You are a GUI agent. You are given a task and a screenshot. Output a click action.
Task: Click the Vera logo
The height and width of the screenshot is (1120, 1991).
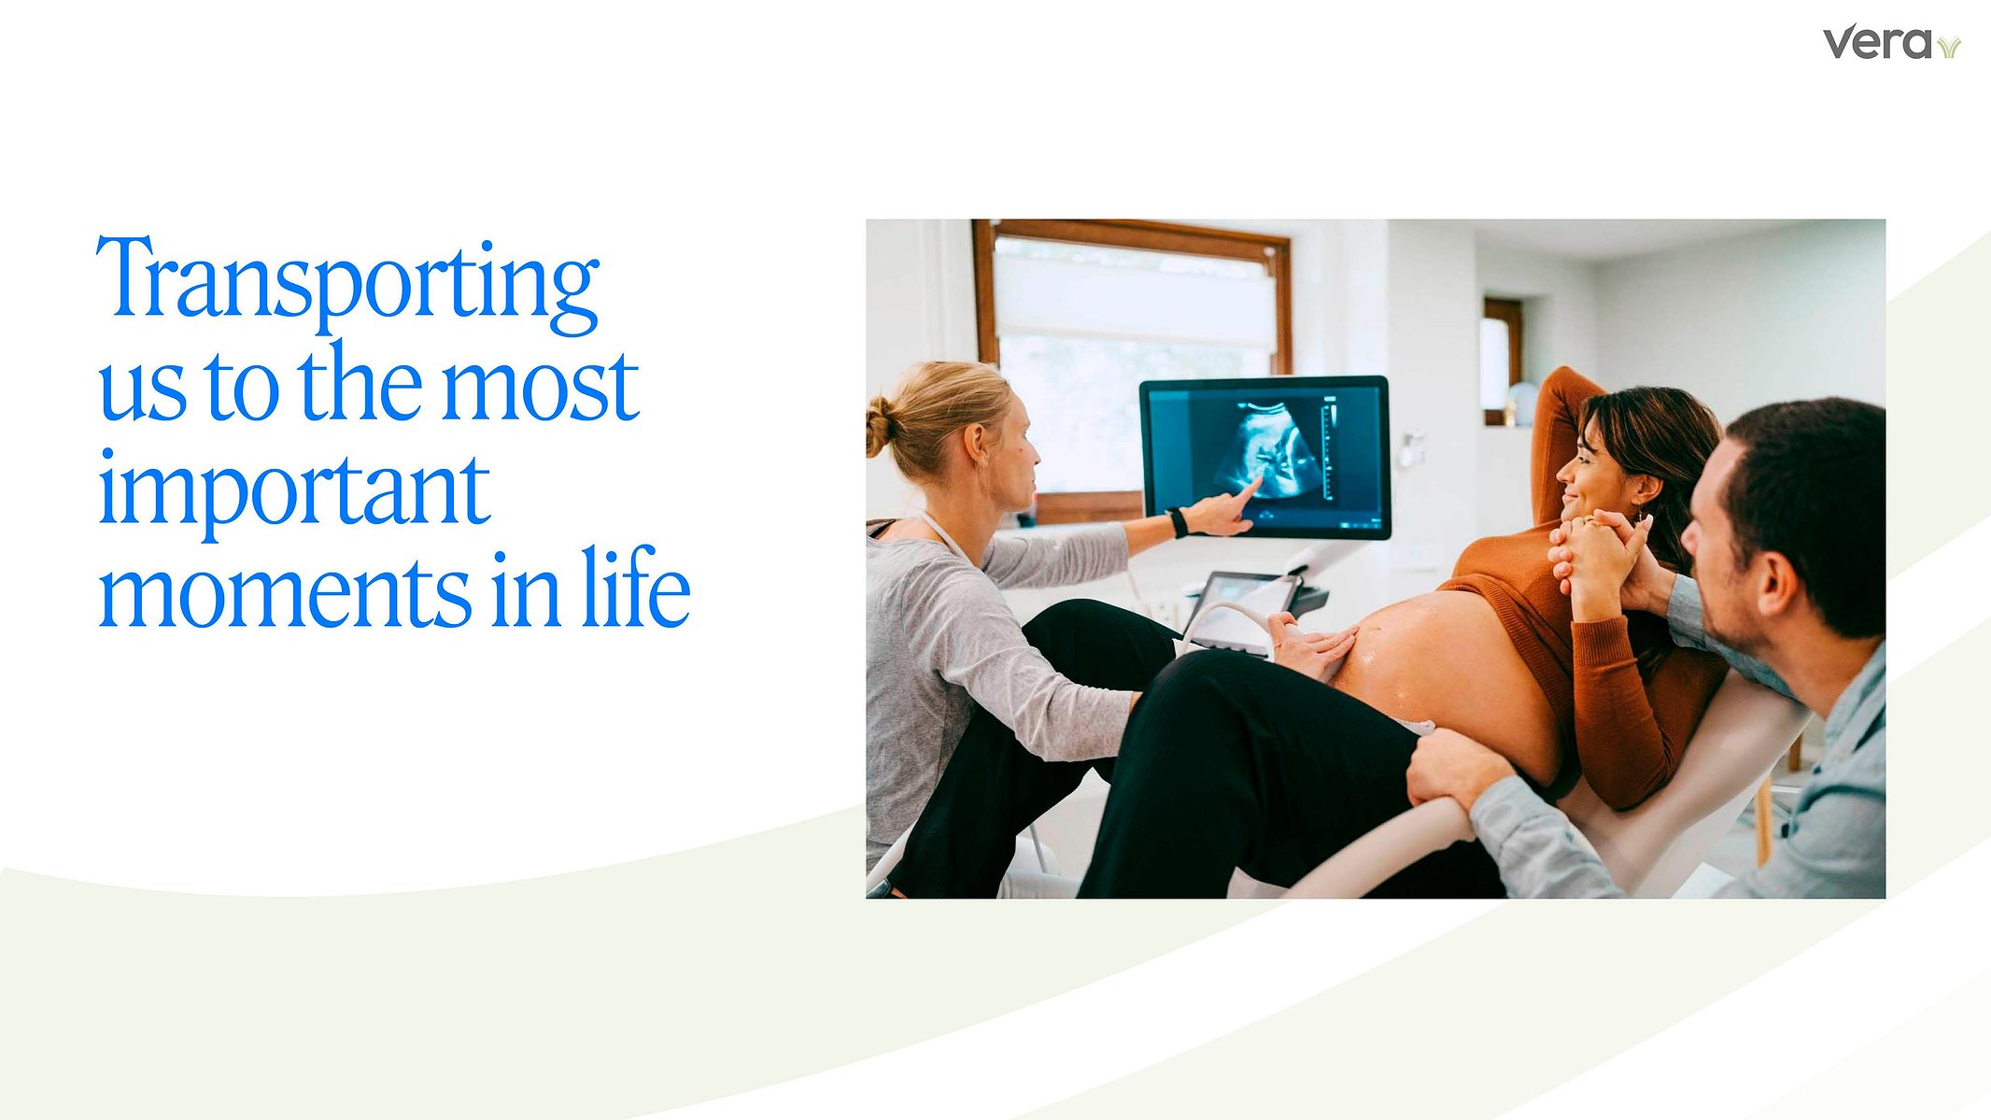pos(1891,44)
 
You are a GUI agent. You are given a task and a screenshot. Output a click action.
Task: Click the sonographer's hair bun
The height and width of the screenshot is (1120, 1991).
pos(880,425)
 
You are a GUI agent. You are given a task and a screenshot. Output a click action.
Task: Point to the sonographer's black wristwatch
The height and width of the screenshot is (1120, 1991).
pos(1178,522)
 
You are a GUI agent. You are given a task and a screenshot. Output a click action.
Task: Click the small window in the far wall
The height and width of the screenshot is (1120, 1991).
pos(1502,361)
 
